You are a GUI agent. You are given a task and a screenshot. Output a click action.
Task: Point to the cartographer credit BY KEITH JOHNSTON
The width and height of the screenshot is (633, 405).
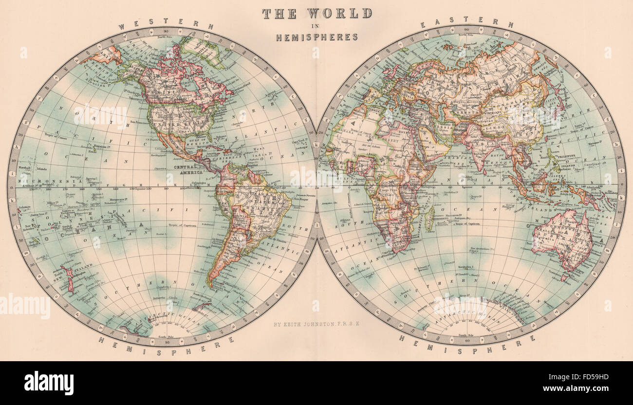316,323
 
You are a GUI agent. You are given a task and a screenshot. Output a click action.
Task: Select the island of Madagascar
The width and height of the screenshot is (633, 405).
429,218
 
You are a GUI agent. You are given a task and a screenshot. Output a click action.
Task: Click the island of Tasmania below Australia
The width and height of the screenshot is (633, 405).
563,277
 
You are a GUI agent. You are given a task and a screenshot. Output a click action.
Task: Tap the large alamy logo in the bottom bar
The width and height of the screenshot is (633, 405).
49,383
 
